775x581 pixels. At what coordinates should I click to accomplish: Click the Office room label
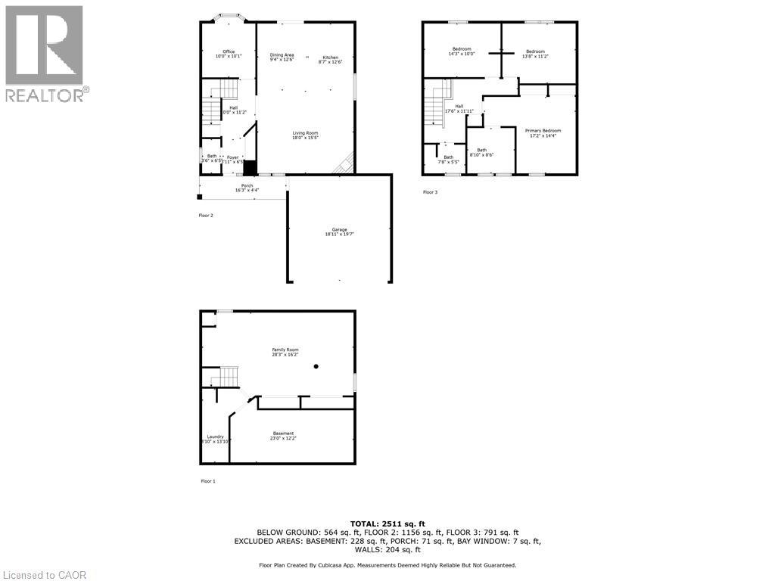pos(228,54)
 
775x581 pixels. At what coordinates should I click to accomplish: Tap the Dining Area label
pos(282,57)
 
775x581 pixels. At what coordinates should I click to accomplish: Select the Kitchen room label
pos(331,59)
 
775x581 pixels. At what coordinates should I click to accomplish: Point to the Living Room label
pos(306,135)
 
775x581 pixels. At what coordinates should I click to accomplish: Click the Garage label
pos(339,231)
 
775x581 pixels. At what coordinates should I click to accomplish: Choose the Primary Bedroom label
pos(543,132)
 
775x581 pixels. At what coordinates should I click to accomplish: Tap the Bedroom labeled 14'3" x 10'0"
pos(461,52)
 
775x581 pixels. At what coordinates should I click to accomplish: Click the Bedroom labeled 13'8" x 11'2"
pos(535,53)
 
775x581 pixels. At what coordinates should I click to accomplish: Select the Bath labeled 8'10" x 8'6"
pos(482,152)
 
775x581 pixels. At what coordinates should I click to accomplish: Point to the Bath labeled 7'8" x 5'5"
pos(449,159)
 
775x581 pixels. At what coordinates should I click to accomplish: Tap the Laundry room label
pos(216,438)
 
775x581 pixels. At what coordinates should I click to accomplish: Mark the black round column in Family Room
pos(316,367)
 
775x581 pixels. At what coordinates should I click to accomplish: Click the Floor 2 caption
pos(207,216)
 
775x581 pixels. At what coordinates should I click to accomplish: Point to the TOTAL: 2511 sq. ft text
pos(387,524)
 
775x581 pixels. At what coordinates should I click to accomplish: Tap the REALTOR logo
pos(45,53)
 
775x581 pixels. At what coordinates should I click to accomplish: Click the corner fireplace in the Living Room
pos(345,163)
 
